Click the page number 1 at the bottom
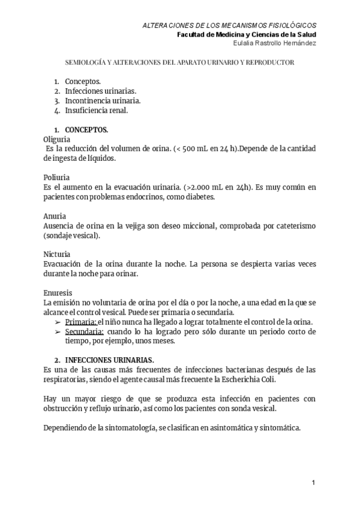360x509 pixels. click(x=313, y=483)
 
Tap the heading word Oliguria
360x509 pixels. click(x=58, y=139)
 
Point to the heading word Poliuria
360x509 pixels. click(x=56, y=178)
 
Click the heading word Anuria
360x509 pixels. click(x=55, y=215)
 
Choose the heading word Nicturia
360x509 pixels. click(x=57, y=254)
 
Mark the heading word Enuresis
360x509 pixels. click(x=58, y=292)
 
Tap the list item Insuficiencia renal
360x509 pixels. click(x=96, y=110)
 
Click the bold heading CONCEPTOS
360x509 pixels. click(x=86, y=129)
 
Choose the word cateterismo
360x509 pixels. click(x=293, y=226)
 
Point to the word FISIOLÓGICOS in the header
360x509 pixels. click(x=290, y=25)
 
